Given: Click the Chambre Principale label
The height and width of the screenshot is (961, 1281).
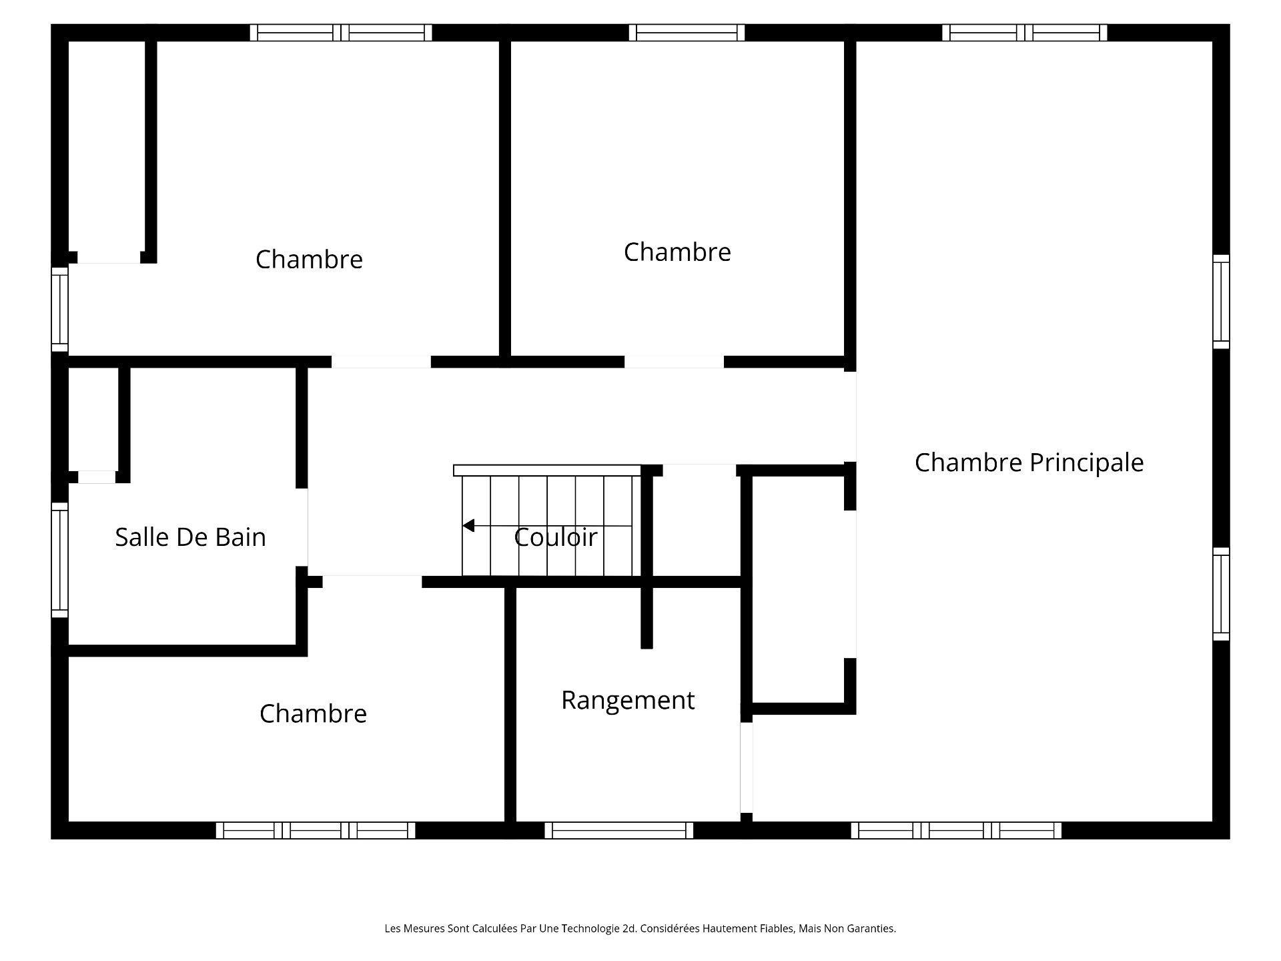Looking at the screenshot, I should (x=1029, y=462).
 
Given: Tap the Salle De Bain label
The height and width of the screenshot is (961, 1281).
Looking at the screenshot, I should (x=190, y=537).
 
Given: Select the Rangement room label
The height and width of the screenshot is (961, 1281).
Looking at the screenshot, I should (x=628, y=700).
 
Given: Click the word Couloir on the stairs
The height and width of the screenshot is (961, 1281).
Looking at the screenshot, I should (x=555, y=537).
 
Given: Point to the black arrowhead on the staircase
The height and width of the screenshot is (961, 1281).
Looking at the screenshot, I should (x=468, y=526).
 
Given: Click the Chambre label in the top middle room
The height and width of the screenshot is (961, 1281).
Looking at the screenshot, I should (x=677, y=252).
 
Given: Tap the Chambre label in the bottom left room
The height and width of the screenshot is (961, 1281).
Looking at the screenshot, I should (x=313, y=714).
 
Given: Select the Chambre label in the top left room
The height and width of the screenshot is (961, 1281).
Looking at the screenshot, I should (x=309, y=260).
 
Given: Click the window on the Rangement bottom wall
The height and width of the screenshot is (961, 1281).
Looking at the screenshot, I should (x=619, y=830).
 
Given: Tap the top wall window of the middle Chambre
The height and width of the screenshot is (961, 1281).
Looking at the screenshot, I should (x=687, y=32).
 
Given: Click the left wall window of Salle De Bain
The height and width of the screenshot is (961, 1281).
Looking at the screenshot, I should (x=59, y=560).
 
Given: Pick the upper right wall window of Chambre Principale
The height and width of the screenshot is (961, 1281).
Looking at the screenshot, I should (x=1221, y=302).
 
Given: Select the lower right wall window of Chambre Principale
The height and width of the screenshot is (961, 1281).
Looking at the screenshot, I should (x=1221, y=594).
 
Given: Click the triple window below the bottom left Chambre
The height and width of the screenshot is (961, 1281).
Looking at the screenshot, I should (x=316, y=830).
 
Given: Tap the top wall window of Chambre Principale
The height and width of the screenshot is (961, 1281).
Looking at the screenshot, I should (x=1024, y=32).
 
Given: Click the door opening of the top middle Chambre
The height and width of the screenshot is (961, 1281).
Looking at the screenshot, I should (x=674, y=362).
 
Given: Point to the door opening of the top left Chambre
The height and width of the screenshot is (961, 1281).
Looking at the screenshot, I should (x=381, y=362).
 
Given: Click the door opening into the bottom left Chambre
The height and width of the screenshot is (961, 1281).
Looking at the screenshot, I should (x=372, y=582).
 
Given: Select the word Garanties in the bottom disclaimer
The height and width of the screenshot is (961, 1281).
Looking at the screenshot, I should (x=871, y=928).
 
